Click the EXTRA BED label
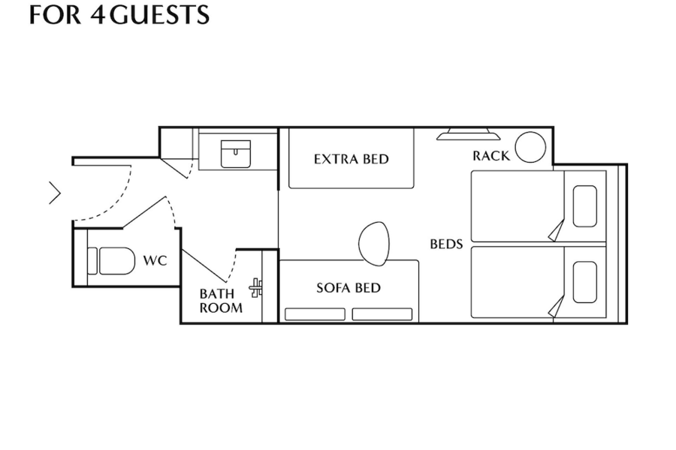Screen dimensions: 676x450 click(x=352, y=159)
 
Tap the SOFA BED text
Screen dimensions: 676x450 click(x=349, y=288)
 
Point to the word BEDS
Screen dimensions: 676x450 click(x=446, y=244)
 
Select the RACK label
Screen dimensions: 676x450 click(x=491, y=156)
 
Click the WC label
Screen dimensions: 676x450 click(x=155, y=260)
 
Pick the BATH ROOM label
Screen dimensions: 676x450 click(x=221, y=301)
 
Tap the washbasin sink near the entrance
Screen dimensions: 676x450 click(x=235, y=154)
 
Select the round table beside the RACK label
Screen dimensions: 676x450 click(x=530, y=147)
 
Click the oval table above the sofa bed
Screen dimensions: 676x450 click(x=374, y=243)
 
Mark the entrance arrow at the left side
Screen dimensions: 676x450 click(x=55, y=193)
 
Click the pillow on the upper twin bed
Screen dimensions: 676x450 click(x=585, y=206)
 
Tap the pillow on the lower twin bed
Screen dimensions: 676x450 click(x=585, y=282)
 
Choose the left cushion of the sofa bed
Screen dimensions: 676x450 click(x=315, y=314)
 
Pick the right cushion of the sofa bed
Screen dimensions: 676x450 click(x=382, y=314)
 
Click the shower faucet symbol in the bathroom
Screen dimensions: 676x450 click(x=255, y=288)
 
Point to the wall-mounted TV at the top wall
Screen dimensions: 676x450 click(x=469, y=134)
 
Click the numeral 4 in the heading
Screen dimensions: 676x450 click(x=98, y=15)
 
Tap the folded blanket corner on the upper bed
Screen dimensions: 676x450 click(x=557, y=231)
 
